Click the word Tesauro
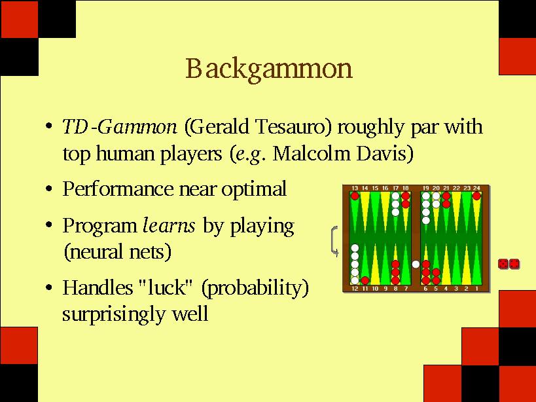pyautogui.click(x=294, y=126)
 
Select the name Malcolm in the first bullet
pyautogui.click(x=311, y=154)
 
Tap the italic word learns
pyautogui.click(x=169, y=226)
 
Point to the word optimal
pyautogui.click(x=254, y=189)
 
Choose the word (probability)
pyautogui.click(x=255, y=288)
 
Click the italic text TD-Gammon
pyautogui.click(x=120, y=126)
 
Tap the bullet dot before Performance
pyautogui.click(x=49, y=189)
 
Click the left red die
pyautogui.click(x=503, y=264)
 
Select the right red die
pyautogui.click(x=514, y=264)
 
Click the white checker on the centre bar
pyautogui.click(x=416, y=264)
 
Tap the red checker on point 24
pyautogui.click(x=476, y=196)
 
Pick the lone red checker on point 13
pyautogui.click(x=355, y=196)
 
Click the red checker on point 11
pyautogui.click(x=365, y=280)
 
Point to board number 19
pyautogui.click(x=425, y=188)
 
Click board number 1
pyautogui.click(x=477, y=289)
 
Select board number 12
pyautogui.click(x=355, y=289)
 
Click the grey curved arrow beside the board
pyautogui.click(x=332, y=241)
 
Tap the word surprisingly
pyautogui.click(x=113, y=314)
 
